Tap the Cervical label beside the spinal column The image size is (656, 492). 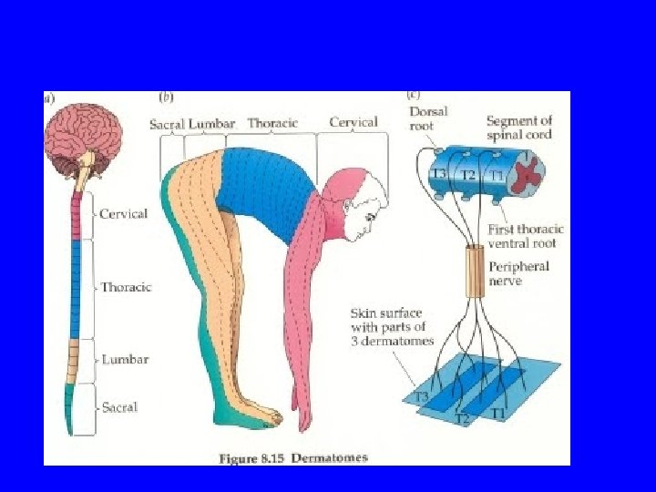(124, 214)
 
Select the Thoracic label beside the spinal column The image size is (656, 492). (126, 287)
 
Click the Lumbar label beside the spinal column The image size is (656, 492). (124, 360)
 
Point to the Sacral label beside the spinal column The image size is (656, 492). (120, 407)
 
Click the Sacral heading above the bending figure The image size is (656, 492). (167, 124)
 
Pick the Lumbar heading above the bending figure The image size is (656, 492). (211, 124)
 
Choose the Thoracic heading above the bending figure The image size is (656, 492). (272, 124)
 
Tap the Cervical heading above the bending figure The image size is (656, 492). (354, 122)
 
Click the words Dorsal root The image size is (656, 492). (427, 119)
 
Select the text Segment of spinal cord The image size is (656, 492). (518, 128)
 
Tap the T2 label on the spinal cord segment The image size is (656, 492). (467, 175)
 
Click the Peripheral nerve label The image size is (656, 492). (519, 273)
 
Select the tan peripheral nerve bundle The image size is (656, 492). (473, 272)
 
